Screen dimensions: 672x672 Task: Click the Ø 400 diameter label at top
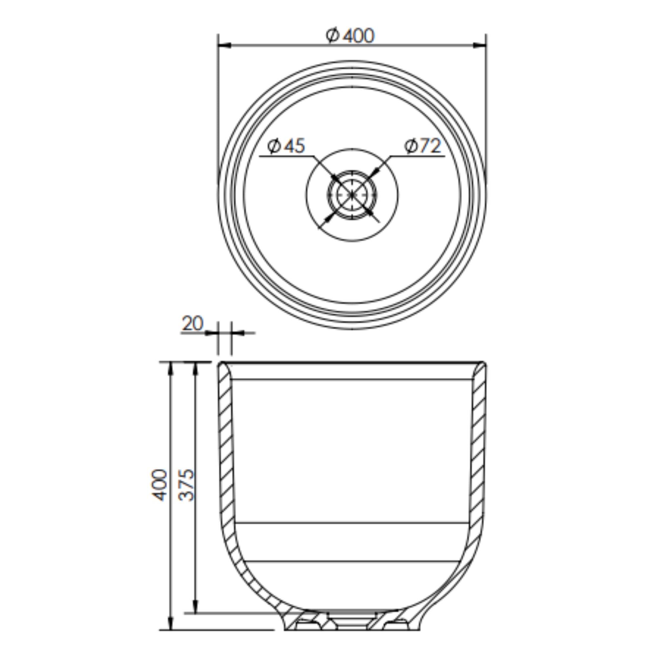click(350, 36)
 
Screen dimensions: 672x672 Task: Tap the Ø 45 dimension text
click(286, 146)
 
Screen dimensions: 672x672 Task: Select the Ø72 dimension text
click(423, 146)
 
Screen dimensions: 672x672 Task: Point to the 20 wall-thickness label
click(192, 324)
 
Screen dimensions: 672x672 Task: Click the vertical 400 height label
click(160, 485)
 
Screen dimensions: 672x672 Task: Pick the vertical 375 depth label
click(186, 485)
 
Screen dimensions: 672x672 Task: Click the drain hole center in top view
click(352, 195)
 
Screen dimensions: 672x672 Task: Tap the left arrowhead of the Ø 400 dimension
click(225, 45)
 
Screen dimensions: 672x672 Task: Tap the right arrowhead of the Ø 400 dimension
click(480, 45)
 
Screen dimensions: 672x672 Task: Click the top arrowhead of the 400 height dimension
click(170, 369)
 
